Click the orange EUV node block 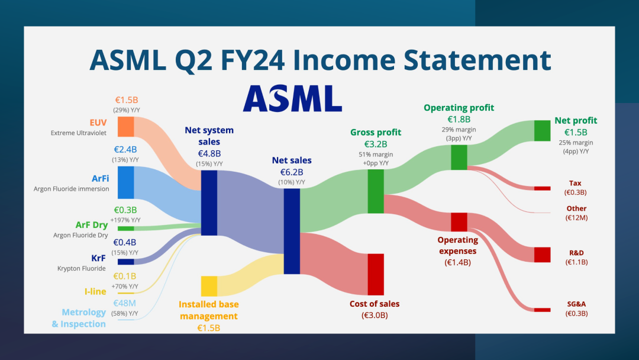coord(125,127)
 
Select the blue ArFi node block coord(125,182)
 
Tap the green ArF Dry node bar coord(125,229)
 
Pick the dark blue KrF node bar coord(125,262)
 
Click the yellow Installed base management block coord(209,286)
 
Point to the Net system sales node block coord(209,202)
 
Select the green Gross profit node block coord(376,191)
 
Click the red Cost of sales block coord(376,274)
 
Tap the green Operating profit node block coord(459,157)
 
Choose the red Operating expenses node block coord(459,222)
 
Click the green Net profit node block coord(543,130)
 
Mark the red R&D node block coord(543,255)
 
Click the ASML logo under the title coord(292,98)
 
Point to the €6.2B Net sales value coord(292,172)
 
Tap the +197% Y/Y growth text coord(125,220)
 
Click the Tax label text coord(575,183)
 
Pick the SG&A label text coord(576,304)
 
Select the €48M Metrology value coord(125,303)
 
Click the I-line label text coord(95,291)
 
